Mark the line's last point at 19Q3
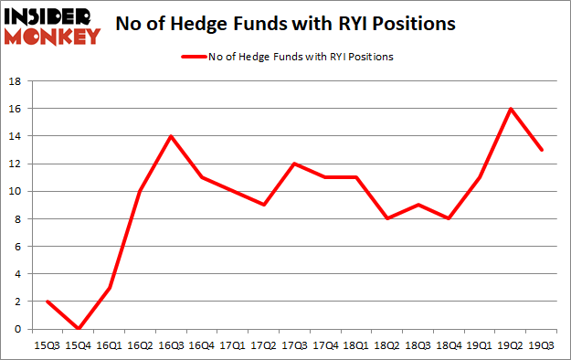click(543, 150)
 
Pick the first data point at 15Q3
click(47, 302)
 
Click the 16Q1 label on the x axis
click(110, 345)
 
